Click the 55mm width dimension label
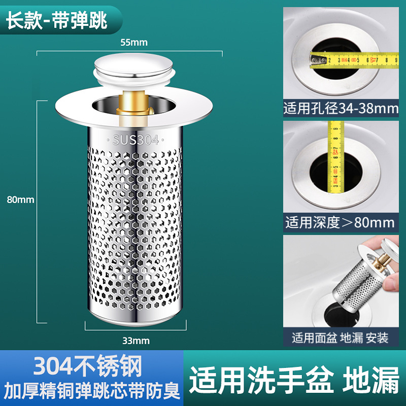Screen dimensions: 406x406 pyautogui.click(x=130, y=43)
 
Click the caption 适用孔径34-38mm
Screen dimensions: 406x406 pyautogui.click(x=341, y=108)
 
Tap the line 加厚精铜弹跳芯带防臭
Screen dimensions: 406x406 pyautogui.click(x=91, y=391)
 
